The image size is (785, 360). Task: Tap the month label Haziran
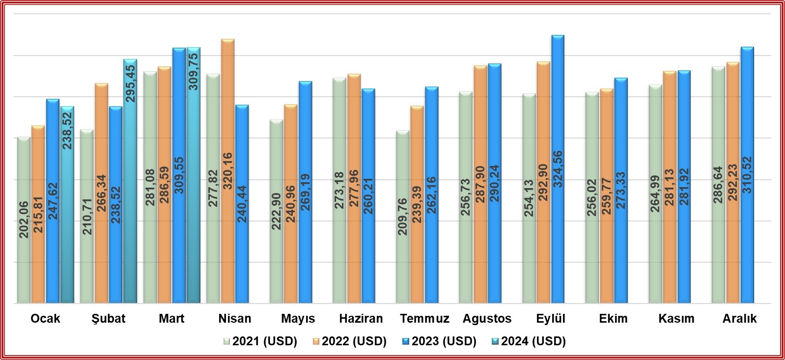361,319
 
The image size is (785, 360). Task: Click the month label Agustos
487,319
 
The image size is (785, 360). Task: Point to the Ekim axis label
613,319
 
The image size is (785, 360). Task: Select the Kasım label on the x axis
676,319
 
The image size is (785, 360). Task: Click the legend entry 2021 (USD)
260,341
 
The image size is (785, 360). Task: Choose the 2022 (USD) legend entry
349,341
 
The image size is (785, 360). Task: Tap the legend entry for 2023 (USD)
439,341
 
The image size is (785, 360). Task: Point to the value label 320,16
227,172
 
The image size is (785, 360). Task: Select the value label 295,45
130,83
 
